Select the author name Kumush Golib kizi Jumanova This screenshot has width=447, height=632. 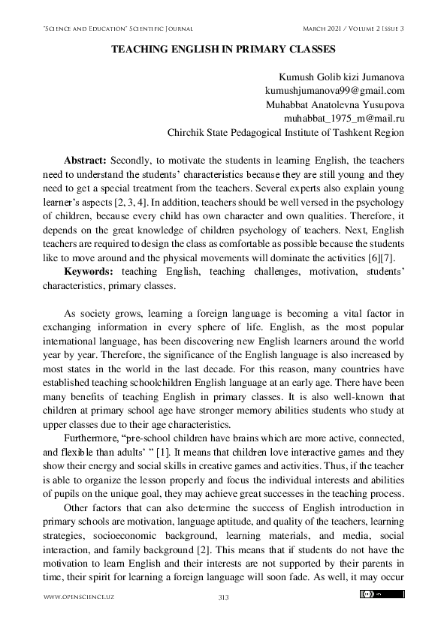[341, 77]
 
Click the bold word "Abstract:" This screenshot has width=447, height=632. [86, 161]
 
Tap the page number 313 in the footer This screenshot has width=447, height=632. [223, 597]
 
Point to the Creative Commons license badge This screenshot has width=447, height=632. [382, 594]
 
